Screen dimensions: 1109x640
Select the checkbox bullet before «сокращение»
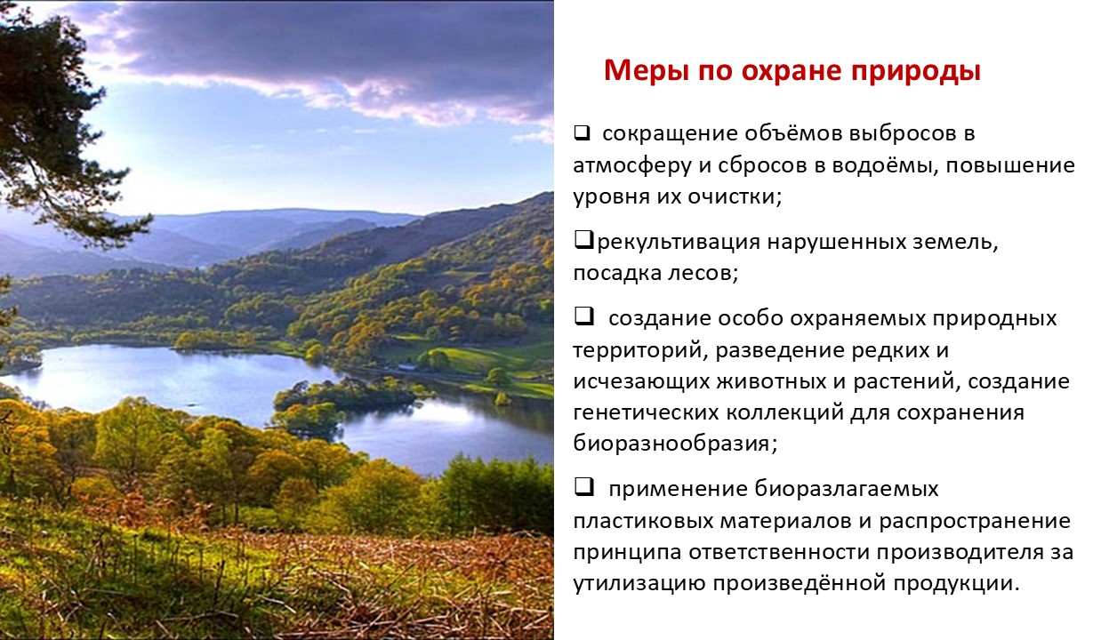582,133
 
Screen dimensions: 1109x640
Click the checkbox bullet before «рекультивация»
583,241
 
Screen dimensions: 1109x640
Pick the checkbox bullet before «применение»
583,487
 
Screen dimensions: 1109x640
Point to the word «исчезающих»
641,382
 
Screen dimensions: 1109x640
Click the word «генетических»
646,412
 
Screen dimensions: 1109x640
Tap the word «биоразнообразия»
671,444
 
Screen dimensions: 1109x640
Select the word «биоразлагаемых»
847,489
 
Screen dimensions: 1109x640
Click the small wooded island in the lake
347,396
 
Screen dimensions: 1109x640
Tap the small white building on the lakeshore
407,367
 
